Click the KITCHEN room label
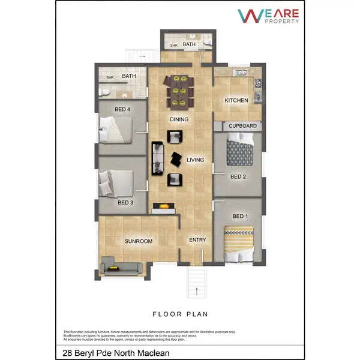pos(236,100)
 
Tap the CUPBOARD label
pos(242,126)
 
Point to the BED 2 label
pos(239,176)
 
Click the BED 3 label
pos(125,203)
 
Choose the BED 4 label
pos(123,109)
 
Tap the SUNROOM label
pos(138,241)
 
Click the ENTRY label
pos(197,240)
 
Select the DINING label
pos(179,119)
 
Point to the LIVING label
pos(196,160)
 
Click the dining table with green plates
pos(179,90)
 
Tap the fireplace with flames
pos(164,208)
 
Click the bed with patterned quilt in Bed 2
pos(240,152)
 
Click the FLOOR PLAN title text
pos(179,313)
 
